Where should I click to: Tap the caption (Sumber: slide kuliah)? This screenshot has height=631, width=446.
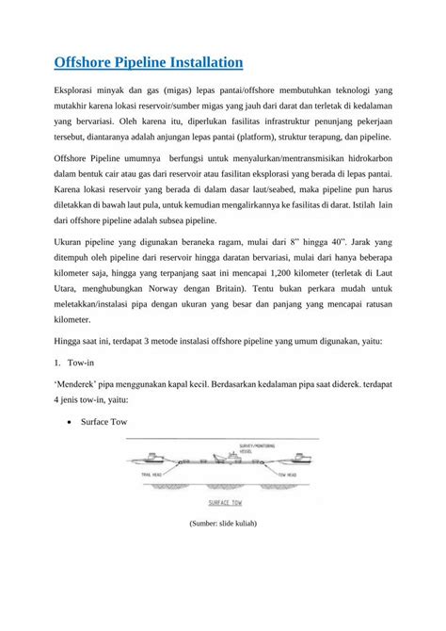click(223, 522)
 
